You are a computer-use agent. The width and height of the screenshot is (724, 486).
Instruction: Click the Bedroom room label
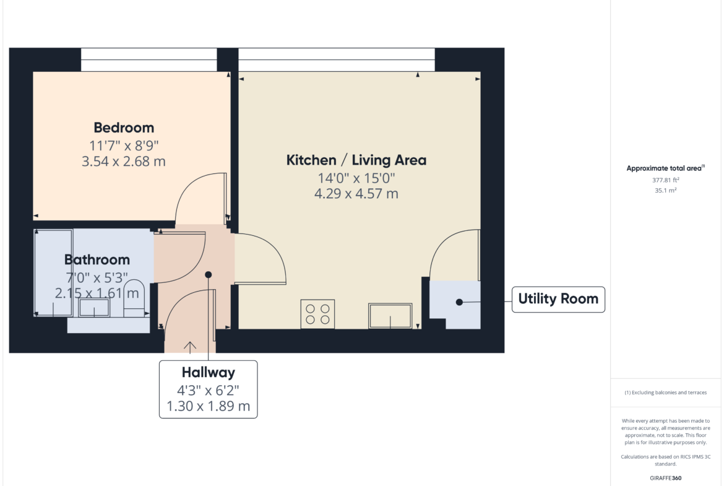pyautogui.click(x=124, y=128)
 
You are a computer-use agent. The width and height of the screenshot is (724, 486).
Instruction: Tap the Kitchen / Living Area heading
pyautogui.click(x=356, y=160)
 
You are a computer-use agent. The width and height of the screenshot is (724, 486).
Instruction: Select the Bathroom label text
pyautogui.click(x=97, y=259)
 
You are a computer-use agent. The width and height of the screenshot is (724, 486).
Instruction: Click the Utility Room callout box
pyautogui.click(x=558, y=300)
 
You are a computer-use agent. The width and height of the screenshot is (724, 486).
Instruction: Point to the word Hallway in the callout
pyautogui.click(x=209, y=372)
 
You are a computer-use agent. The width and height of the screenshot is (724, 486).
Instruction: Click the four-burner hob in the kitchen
pyautogui.click(x=317, y=314)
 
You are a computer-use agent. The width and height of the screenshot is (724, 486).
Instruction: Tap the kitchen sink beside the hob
pyautogui.click(x=390, y=316)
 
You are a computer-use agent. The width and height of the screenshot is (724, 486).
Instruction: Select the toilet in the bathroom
pyautogui.click(x=134, y=298)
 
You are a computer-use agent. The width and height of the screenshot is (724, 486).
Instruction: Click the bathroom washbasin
pyautogui.click(x=94, y=307)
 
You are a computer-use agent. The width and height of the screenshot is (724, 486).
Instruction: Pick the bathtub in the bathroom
pyautogui.click(x=54, y=272)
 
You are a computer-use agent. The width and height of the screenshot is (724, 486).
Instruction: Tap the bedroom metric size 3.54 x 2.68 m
pyautogui.click(x=124, y=161)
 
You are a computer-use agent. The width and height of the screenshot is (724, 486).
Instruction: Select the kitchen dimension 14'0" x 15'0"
pyautogui.click(x=356, y=178)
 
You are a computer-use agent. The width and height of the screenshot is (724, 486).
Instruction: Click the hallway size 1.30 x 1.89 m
pyautogui.click(x=209, y=406)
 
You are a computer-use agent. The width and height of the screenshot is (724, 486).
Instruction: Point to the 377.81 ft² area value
pyautogui.click(x=665, y=180)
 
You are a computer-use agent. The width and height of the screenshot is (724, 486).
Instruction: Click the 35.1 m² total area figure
pyautogui.click(x=665, y=190)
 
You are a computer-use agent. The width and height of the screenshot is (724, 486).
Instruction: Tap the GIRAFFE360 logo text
pyautogui.click(x=665, y=478)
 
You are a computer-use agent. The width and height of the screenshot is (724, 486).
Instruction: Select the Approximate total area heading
pyautogui.click(x=665, y=168)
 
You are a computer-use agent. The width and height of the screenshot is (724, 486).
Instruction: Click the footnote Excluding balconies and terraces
pyautogui.click(x=665, y=393)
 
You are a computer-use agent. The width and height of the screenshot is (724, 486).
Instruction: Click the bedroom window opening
pyautogui.click(x=149, y=59)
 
